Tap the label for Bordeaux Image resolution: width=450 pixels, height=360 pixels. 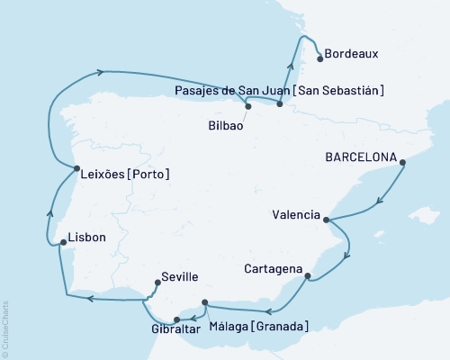[x=352, y=54]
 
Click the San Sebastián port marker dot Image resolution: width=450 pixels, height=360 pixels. [x=280, y=105]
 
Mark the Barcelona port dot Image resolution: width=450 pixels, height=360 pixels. [x=402, y=163]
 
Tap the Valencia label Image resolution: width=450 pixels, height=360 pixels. [x=295, y=214]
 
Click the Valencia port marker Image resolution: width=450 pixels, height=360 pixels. [x=326, y=220]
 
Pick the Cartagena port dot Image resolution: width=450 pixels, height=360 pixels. [x=309, y=276]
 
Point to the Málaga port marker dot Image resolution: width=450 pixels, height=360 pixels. [x=205, y=302]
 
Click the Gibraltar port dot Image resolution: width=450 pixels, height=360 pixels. [x=177, y=319]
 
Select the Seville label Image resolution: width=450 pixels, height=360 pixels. [x=180, y=278]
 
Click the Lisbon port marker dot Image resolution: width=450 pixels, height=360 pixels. [x=61, y=241]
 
